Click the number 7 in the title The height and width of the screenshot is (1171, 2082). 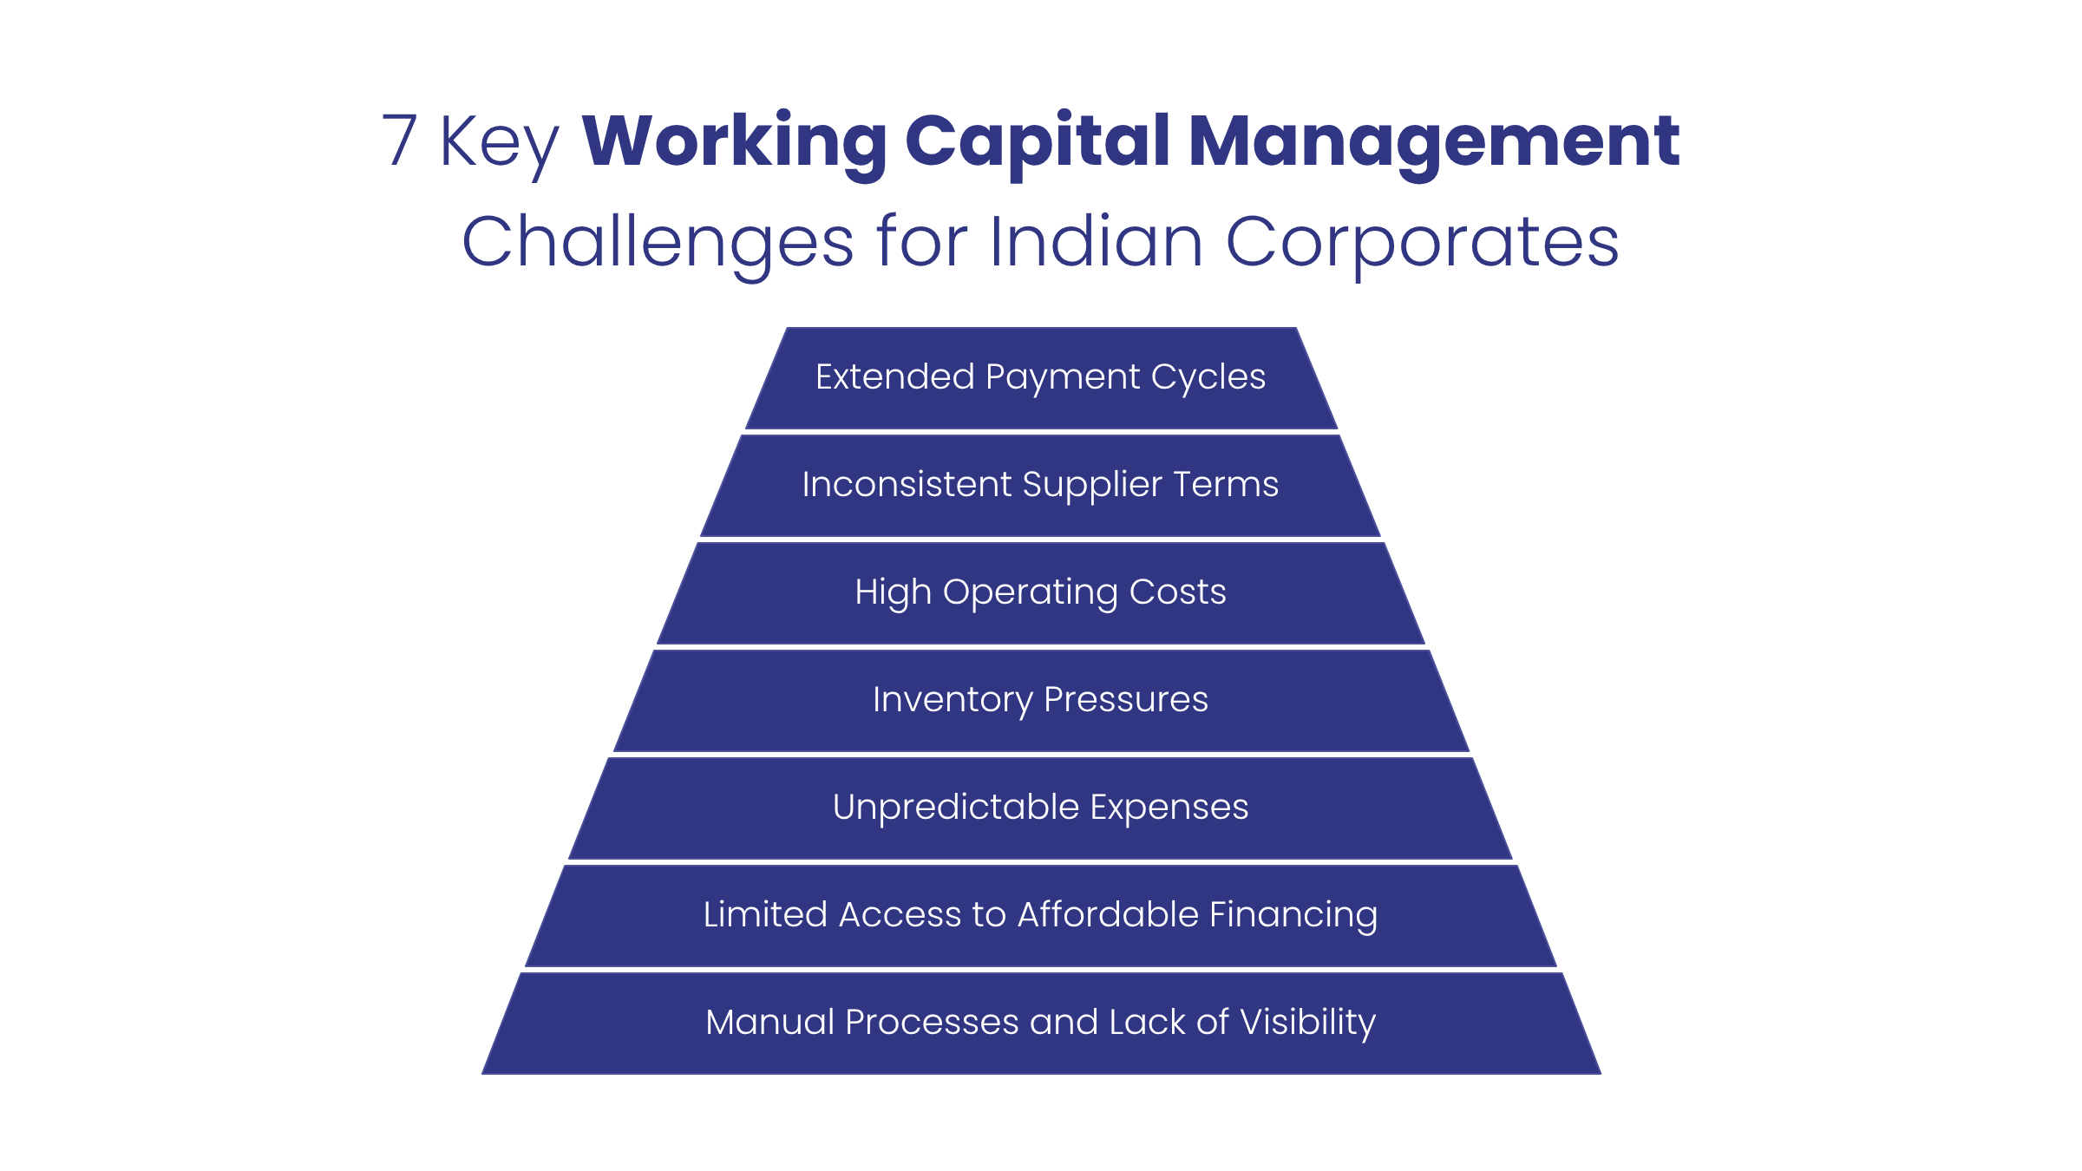(400, 141)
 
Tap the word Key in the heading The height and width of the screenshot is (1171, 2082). (499, 143)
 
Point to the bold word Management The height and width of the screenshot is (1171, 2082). (1434, 141)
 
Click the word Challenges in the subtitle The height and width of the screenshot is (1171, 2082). (658, 242)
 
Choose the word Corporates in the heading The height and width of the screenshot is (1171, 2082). (1422, 242)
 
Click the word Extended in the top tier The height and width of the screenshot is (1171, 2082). (894, 377)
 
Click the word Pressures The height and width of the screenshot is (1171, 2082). (1126, 700)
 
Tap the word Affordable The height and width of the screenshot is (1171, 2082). (1108, 915)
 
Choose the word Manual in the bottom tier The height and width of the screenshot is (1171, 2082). (769, 1023)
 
